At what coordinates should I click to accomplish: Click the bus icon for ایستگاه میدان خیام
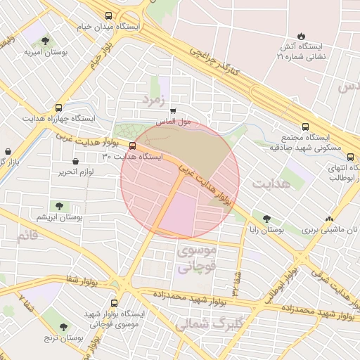108,15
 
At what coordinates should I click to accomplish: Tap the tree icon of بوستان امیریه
46,41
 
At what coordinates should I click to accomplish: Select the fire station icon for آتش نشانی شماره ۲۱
302,36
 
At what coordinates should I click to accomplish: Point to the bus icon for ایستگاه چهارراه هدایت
59,109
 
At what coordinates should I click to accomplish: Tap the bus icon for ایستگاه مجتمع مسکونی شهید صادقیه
304,127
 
